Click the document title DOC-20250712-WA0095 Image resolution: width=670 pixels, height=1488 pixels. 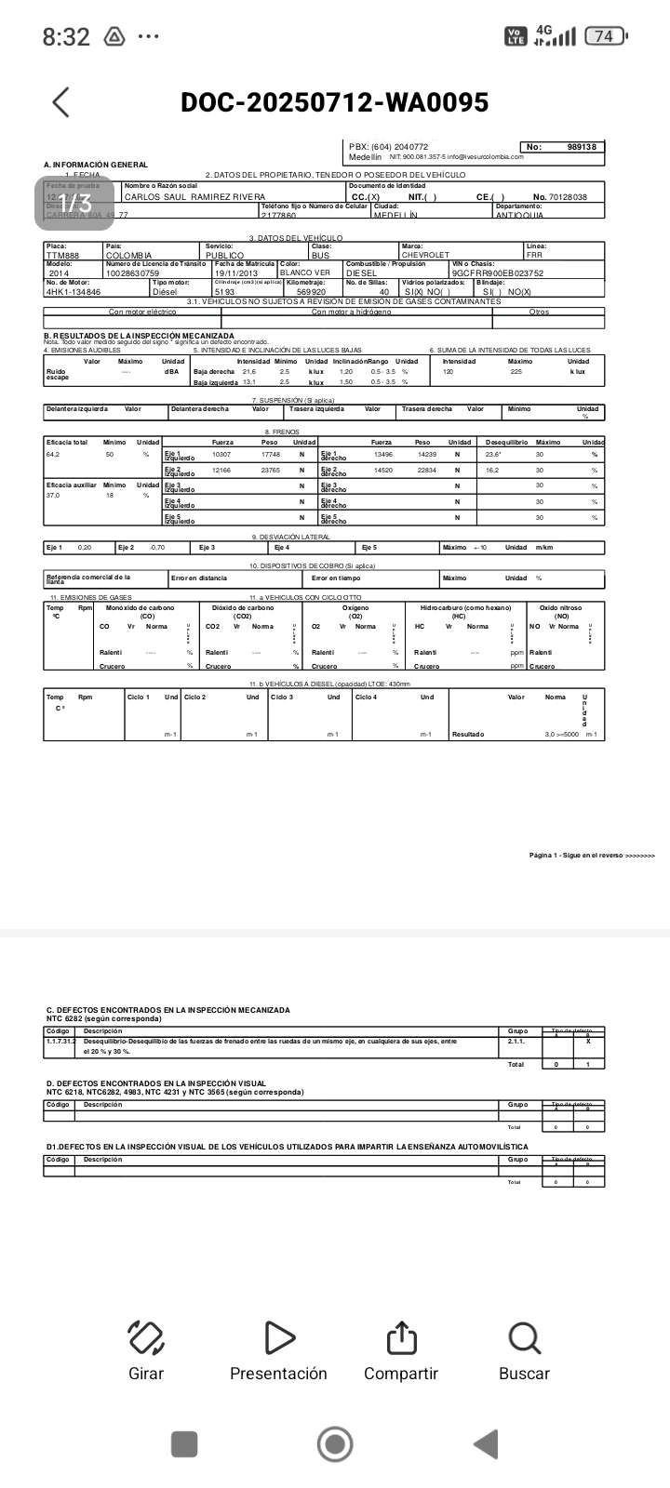pos(335,102)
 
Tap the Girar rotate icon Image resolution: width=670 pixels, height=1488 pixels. pos(146,1338)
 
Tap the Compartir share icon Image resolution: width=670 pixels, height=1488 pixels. pos(401,1338)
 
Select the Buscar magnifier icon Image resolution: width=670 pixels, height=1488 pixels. pos(524,1338)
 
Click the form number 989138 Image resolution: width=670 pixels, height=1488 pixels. pos(582,147)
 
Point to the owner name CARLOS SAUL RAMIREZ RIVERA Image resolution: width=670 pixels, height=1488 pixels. pos(194,197)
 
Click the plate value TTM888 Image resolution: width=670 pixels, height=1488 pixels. pos(62,256)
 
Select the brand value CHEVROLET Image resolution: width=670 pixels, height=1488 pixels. pos(425,256)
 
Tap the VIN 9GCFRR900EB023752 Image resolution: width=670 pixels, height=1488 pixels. pos(498,273)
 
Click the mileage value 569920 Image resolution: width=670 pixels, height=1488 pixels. pos(311,292)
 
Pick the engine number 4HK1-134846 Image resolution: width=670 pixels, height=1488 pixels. pos(74,292)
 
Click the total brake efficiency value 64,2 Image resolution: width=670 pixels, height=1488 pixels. pos(53,455)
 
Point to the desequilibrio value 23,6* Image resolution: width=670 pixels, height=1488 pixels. pos(493,455)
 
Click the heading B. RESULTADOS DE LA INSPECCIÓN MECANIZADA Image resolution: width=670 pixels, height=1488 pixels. pos(140,336)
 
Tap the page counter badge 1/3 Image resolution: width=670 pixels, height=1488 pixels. pos(79,202)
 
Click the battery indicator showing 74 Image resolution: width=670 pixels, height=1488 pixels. pos(605,36)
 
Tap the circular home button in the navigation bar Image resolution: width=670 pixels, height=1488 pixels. pos(335,1444)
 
